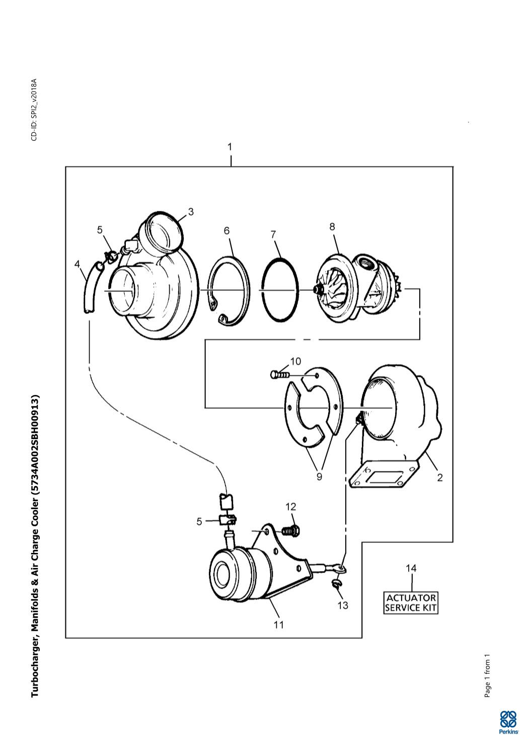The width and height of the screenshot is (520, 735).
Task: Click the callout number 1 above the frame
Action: [x=230, y=147]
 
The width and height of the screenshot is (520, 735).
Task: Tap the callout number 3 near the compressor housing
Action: [x=191, y=212]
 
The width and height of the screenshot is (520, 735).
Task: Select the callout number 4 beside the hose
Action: [x=77, y=264]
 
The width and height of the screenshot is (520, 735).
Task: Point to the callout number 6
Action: [x=227, y=231]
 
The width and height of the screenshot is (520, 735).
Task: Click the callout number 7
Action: [x=273, y=234]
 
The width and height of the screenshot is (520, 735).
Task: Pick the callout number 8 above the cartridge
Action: [x=332, y=226]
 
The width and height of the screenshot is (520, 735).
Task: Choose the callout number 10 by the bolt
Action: [x=295, y=361]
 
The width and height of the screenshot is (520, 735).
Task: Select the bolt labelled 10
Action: [x=280, y=374]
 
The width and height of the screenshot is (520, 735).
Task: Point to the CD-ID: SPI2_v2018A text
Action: [x=34, y=110]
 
